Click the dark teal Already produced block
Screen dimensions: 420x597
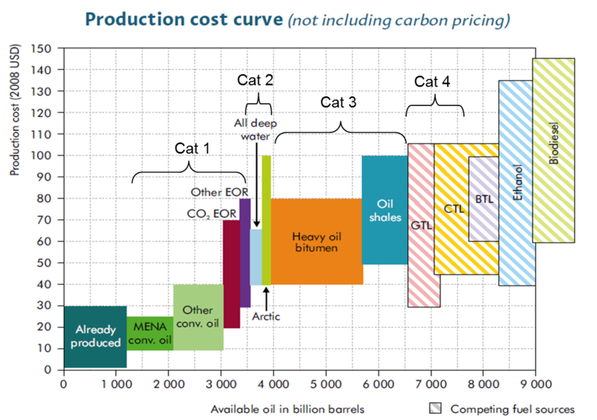[95, 336]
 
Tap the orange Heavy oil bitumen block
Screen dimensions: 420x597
[316, 241]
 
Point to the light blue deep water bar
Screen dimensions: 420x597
[256, 257]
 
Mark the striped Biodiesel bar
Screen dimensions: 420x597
[553, 150]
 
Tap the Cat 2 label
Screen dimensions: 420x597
[255, 79]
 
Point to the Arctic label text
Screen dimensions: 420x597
[266, 316]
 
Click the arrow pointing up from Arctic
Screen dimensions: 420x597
[266, 295]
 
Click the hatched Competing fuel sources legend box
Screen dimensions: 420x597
[435, 408]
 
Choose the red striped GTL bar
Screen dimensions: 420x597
[423, 225]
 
